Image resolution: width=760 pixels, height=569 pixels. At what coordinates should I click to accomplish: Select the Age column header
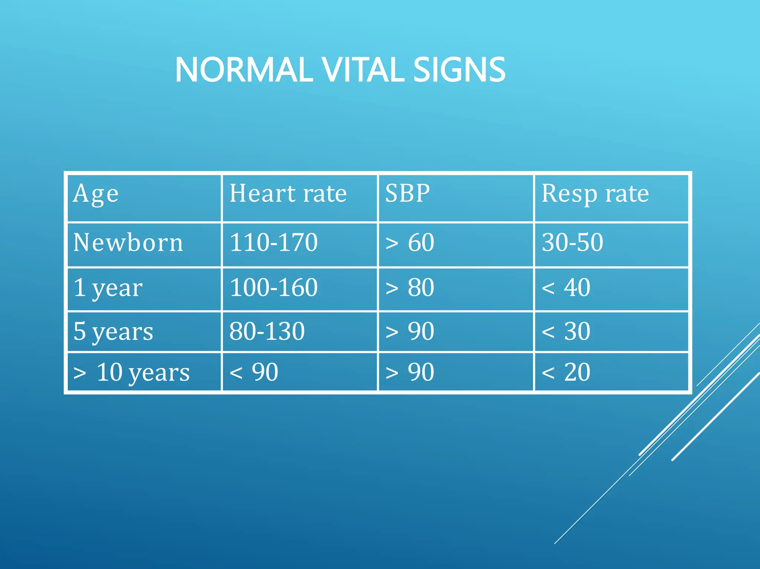click(x=96, y=194)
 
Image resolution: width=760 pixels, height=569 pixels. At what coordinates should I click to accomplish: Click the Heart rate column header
click(x=288, y=194)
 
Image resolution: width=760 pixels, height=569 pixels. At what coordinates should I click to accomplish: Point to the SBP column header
click(x=407, y=194)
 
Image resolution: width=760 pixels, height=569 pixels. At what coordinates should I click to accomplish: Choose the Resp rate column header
click(x=595, y=194)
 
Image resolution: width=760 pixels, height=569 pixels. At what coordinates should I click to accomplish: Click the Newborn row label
click(x=128, y=243)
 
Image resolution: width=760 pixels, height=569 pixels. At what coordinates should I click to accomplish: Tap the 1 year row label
click(x=108, y=288)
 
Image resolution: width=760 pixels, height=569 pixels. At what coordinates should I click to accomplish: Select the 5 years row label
click(x=113, y=331)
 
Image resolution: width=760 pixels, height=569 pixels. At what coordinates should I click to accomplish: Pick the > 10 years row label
click(x=131, y=372)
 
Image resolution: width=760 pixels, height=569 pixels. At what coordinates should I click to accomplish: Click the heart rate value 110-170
click(x=273, y=243)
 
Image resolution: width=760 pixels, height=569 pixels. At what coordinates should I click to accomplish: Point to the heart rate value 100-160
click(x=273, y=287)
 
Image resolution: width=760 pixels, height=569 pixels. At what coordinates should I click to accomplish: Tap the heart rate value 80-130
click(x=267, y=331)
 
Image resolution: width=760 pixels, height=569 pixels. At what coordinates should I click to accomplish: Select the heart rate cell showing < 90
click(x=254, y=372)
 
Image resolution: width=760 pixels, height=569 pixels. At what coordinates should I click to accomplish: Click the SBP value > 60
click(x=410, y=243)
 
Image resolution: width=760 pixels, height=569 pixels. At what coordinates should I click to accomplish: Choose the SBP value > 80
click(x=410, y=287)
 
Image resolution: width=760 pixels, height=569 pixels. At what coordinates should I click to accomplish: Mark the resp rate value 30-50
click(x=572, y=243)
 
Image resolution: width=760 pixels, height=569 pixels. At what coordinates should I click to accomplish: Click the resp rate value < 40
click(x=566, y=287)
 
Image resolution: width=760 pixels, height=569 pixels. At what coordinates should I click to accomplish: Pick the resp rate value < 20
click(x=566, y=372)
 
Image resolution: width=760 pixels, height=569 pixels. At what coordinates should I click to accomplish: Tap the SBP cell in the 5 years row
click(x=410, y=331)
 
